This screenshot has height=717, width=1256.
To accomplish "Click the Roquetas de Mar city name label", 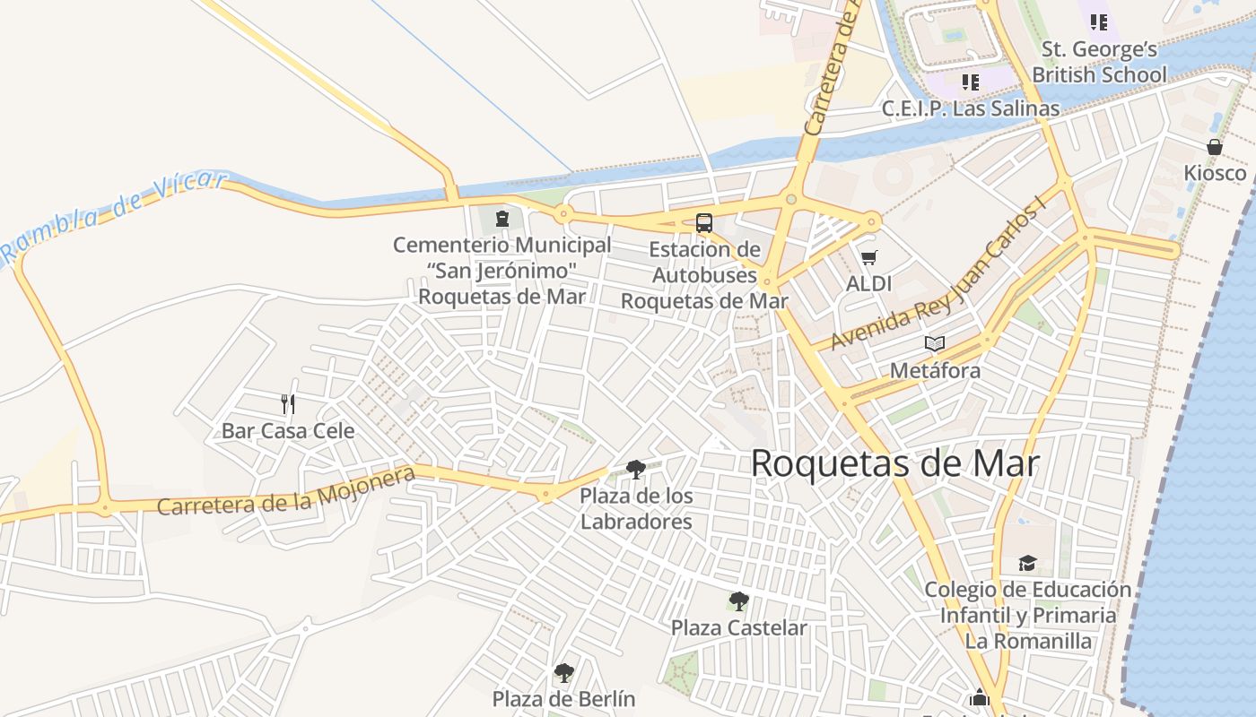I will [x=894, y=464].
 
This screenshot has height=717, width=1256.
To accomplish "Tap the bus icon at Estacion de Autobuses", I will [x=704, y=223].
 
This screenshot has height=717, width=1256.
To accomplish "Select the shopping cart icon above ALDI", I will [x=868, y=258].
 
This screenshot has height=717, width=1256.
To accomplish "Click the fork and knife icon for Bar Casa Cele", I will [x=288, y=404].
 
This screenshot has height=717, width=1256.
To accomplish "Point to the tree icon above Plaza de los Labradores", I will [x=636, y=469].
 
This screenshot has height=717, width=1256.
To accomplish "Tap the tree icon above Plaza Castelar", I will [x=738, y=600].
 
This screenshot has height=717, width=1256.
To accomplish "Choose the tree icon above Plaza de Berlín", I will [x=563, y=672].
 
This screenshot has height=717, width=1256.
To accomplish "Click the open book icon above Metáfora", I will [x=935, y=344].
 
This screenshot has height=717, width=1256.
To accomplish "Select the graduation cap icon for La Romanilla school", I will [x=1027, y=563].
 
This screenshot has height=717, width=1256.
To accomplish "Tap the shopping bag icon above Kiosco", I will [x=1215, y=147].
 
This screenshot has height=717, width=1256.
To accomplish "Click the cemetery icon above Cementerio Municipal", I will [x=502, y=218].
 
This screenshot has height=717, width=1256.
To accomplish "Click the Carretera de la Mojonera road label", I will [x=286, y=492].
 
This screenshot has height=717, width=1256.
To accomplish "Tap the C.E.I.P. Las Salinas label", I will [x=970, y=108].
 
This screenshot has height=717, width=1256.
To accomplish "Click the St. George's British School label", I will [x=1099, y=62].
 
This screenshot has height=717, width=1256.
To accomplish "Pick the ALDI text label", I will [x=868, y=283].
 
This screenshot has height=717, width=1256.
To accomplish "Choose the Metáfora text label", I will [x=935, y=370].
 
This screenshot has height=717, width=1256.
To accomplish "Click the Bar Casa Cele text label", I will [x=288, y=431].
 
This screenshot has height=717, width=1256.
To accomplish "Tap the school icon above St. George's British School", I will [x=1099, y=22].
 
